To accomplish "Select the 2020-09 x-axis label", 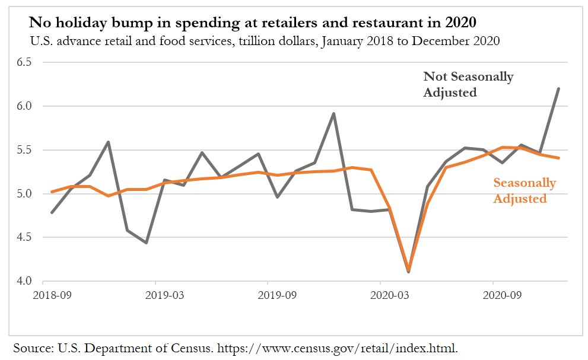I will tap(499, 294).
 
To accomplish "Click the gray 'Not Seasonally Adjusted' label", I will tap(468, 84).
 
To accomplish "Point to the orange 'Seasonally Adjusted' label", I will tap(525, 190).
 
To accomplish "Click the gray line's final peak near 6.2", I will tap(558, 89).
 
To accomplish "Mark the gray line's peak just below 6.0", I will tap(334, 113).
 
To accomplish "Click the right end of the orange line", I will tap(558, 158).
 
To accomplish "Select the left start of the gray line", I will tap(52, 212).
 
